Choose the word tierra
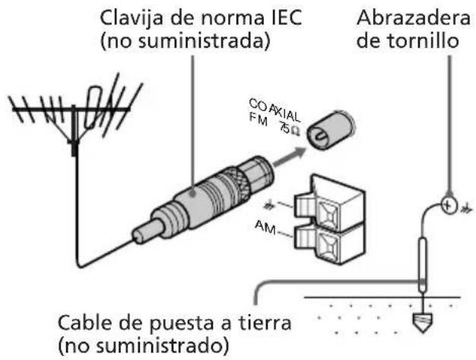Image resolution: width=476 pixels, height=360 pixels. (x=263, y=322)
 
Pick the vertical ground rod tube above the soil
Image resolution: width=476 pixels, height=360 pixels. (x=424, y=263)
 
